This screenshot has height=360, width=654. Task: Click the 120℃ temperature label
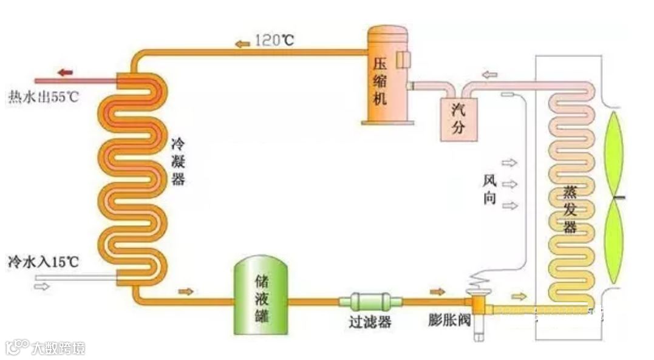pos(274,41)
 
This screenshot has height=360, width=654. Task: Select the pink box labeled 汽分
pos(458,118)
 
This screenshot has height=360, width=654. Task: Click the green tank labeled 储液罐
pos(261,296)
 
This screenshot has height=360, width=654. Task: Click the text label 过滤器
pos(370,322)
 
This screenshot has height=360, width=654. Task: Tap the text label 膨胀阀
pos(448,321)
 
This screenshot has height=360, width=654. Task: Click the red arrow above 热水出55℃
pos(65,73)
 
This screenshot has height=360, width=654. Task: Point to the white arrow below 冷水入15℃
pos(42,286)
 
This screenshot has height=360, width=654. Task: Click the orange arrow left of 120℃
pos(242,43)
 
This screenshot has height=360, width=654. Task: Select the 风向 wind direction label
pos(490,189)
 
